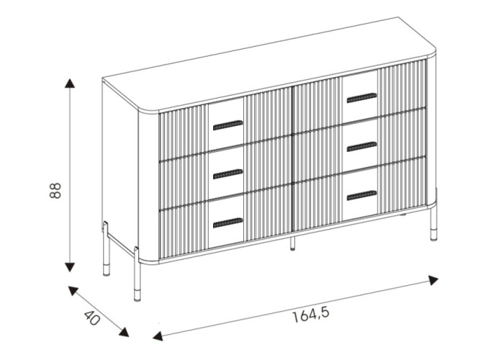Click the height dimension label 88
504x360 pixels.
pos(55,191)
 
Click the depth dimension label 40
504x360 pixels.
pos(92,318)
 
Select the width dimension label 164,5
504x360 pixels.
pos(311,315)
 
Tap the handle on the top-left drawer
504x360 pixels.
pos(228,125)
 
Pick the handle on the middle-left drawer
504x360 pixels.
pos(228,174)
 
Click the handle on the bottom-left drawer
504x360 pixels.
pos(228,222)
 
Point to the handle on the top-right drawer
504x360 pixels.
pos(361,98)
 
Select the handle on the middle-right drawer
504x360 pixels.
pos(361,147)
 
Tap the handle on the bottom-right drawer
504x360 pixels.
pos(361,195)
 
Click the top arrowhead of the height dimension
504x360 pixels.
pos(69,83)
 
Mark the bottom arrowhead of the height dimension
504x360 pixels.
pos(69,267)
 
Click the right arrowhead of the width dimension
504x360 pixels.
pos(433,280)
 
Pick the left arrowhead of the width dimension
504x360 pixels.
pos(158,336)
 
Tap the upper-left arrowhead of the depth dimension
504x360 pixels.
pos(73,291)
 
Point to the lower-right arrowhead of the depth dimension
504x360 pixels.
pos(124,332)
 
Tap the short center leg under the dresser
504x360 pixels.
pos(292,243)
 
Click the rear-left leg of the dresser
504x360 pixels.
pos(106,248)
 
